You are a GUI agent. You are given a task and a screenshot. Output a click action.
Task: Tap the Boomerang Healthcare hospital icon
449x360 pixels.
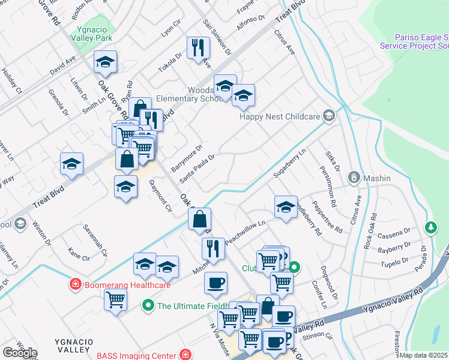(76, 284)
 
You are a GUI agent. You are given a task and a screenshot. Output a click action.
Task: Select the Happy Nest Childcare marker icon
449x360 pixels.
(328, 115)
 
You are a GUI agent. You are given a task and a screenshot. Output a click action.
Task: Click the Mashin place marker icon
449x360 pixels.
(354, 178)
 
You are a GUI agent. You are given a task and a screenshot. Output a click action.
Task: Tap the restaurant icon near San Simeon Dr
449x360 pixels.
(198, 48)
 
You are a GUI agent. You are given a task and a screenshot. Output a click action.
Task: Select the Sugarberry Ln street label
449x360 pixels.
(289, 163)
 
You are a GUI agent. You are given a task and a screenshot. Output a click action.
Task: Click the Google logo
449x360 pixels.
(20, 352)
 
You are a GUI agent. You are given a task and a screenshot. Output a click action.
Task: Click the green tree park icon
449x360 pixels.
(430, 227)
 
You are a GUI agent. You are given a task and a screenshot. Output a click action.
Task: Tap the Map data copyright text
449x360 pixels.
(424, 355)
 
